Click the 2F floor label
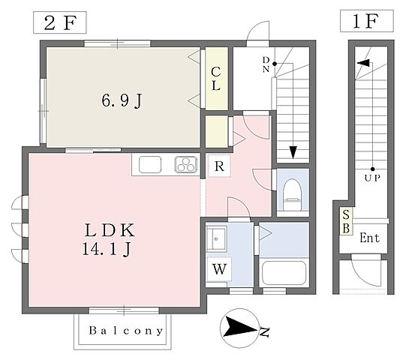(60, 22)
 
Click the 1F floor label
(365, 21)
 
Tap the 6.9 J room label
(122, 100)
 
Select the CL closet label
(216, 79)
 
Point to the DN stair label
(266, 64)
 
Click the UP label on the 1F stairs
(372, 178)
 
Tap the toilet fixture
(293, 194)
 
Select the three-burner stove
(186, 165)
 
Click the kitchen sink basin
(150, 165)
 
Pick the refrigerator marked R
(219, 166)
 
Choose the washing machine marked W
(219, 269)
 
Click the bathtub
(284, 273)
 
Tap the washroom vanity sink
(217, 239)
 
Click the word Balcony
(125, 331)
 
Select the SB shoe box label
(346, 221)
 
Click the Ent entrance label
(369, 238)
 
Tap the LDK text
(110, 230)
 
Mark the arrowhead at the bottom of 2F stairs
(293, 152)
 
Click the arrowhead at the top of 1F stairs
(363, 63)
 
